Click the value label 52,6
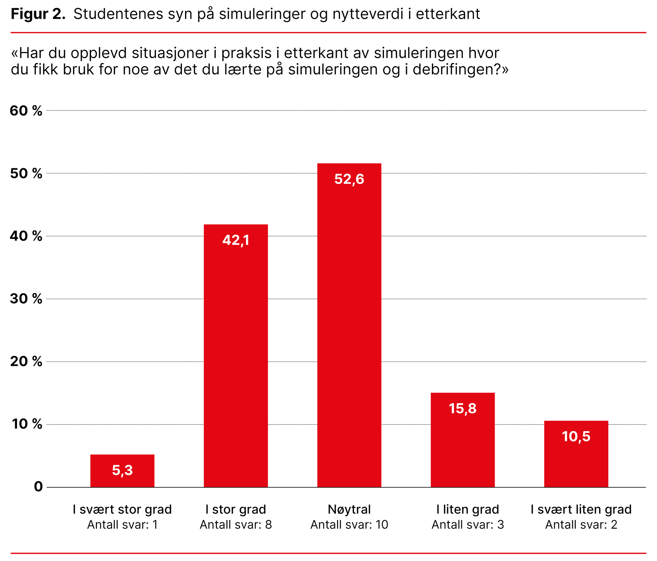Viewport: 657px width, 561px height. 349,179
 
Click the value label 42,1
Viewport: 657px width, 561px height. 236,240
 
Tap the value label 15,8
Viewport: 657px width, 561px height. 463,409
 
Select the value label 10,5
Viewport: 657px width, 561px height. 576,437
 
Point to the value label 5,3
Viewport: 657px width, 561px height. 122,470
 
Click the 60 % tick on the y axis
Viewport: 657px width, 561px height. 26,111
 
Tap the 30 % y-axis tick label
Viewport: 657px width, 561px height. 26,299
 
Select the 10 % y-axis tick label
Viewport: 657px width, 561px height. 27,424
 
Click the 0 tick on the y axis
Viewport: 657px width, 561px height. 38,487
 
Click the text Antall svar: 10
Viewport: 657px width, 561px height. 349,525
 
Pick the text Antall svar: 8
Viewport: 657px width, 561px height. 236,525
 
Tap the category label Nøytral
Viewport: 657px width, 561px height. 349,509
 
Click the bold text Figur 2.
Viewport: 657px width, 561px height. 38,14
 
